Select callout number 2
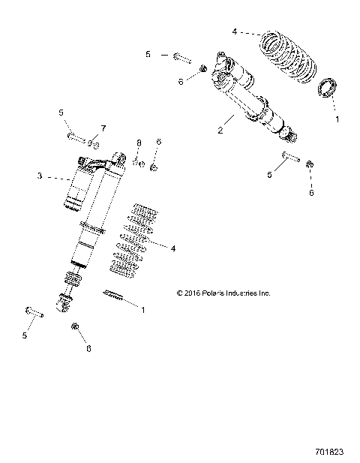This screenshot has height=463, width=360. [x=220, y=130]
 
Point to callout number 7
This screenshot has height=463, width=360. [x=103, y=128]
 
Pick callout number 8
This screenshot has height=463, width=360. [x=139, y=142]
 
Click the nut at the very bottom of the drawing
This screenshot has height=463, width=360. [x=76, y=327]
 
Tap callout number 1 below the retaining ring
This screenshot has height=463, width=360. [x=336, y=119]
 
